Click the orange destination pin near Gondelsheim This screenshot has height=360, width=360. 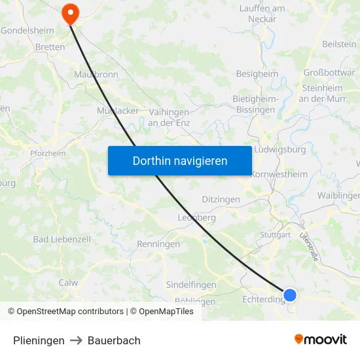(x=69, y=13)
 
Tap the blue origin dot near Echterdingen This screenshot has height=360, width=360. (x=290, y=295)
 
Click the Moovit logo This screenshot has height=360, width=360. (x=320, y=339)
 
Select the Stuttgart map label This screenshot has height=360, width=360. (x=275, y=234)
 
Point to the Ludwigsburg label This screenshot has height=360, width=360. (x=279, y=149)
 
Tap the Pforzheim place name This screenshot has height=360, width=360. (x=48, y=153)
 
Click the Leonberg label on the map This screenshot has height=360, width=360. (x=197, y=217)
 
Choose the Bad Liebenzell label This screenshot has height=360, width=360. (x=59, y=240)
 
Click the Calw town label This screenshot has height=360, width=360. (x=68, y=283)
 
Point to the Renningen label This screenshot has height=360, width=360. (x=158, y=244)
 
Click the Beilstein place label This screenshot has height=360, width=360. (x=339, y=44)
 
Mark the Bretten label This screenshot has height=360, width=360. (x=50, y=47)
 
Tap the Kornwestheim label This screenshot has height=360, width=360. (x=279, y=175)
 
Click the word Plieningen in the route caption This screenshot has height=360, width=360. (x=39, y=340)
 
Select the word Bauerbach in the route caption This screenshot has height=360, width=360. (x=114, y=340)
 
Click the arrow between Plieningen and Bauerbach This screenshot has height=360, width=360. (x=76, y=340)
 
